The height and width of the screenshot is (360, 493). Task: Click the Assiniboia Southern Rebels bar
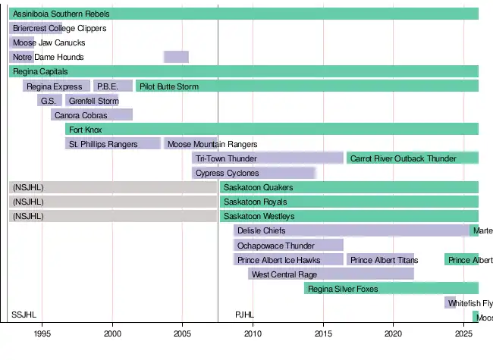(243, 14)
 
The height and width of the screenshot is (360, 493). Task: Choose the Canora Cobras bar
(92, 115)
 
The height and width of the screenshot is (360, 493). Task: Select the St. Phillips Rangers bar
(113, 144)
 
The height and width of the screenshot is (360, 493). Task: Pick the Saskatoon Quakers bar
(349, 187)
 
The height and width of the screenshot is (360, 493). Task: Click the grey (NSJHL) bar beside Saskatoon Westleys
(113, 216)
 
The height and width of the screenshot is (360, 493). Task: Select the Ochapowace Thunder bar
(288, 245)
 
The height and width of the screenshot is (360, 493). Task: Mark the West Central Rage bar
(331, 274)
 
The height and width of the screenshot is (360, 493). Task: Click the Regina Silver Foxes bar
(391, 288)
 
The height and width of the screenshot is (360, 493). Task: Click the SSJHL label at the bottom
(24, 315)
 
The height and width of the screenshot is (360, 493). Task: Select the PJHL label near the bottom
(245, 315)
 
